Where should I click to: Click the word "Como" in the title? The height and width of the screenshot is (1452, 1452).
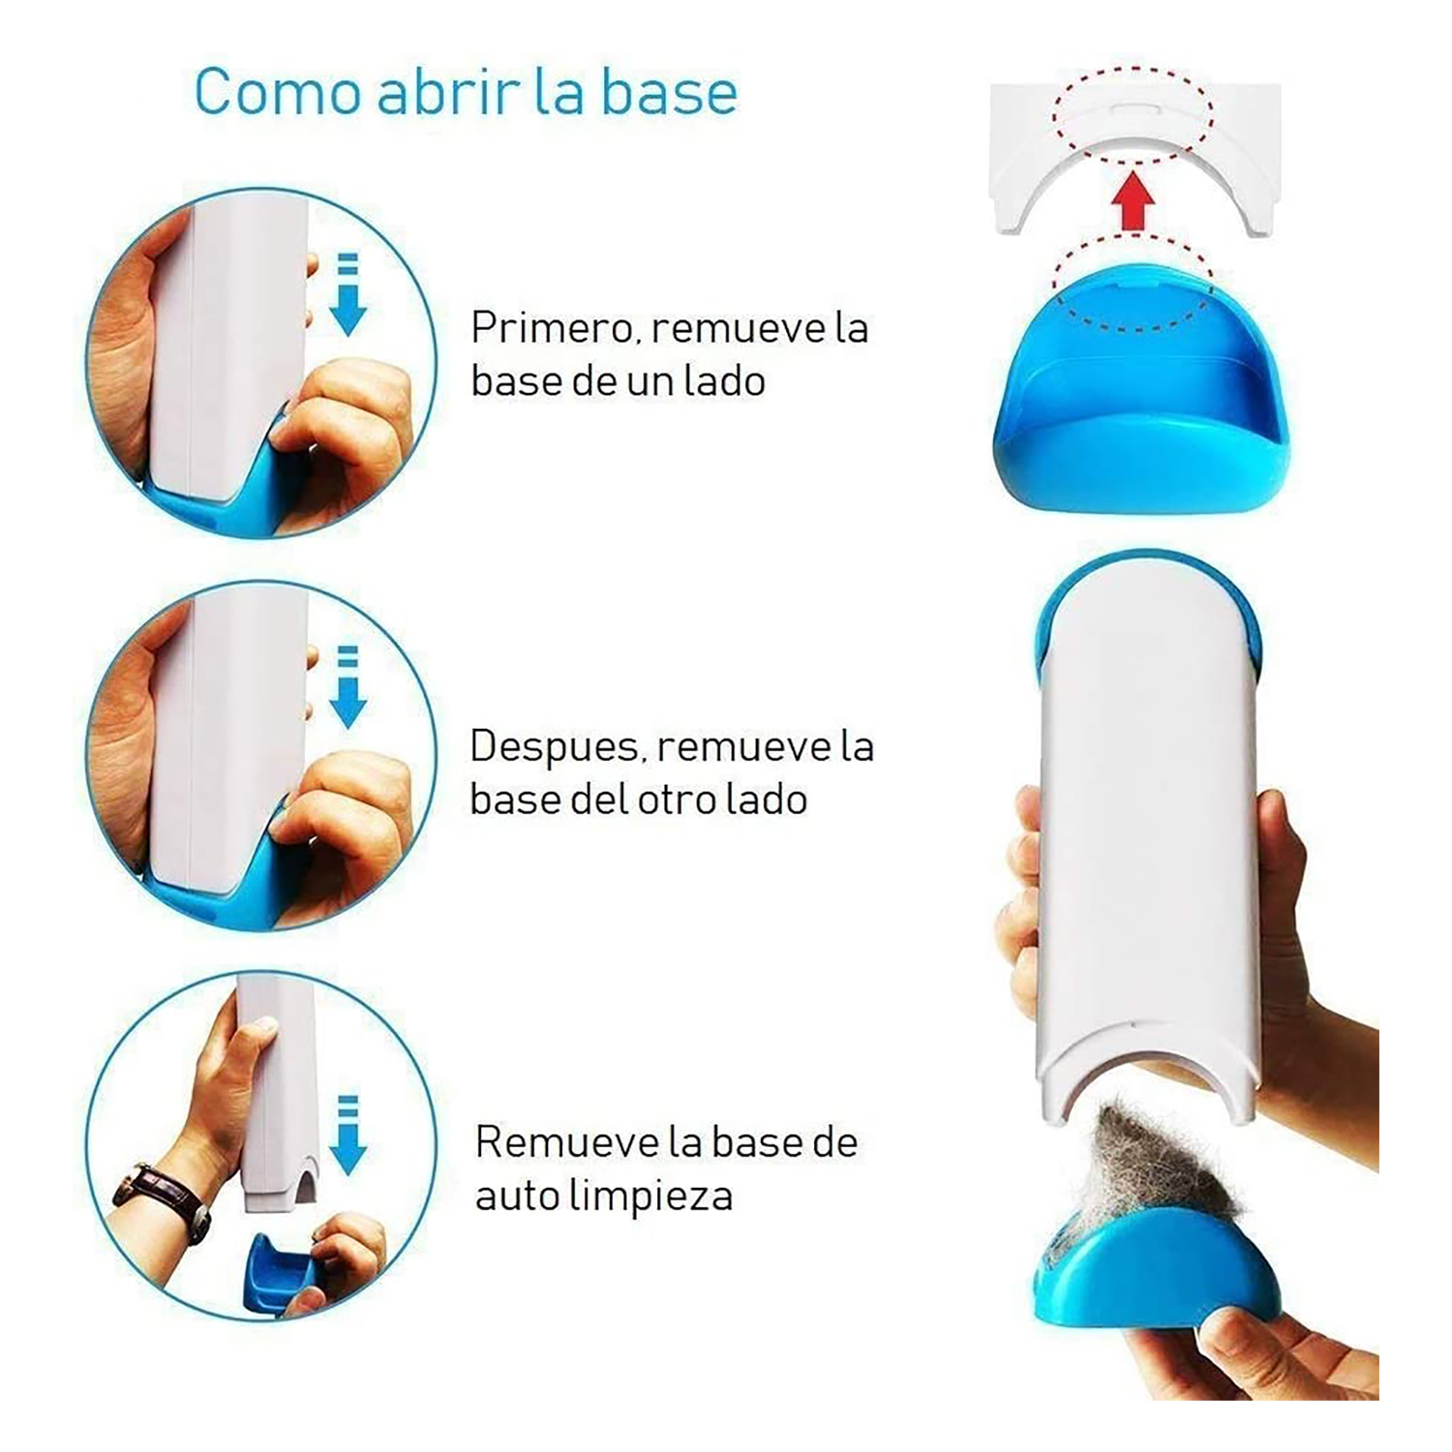(278, 91)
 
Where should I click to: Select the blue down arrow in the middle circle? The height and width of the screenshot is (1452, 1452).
(348, 686)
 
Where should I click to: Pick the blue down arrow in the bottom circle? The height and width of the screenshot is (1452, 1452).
(348, 1134)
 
